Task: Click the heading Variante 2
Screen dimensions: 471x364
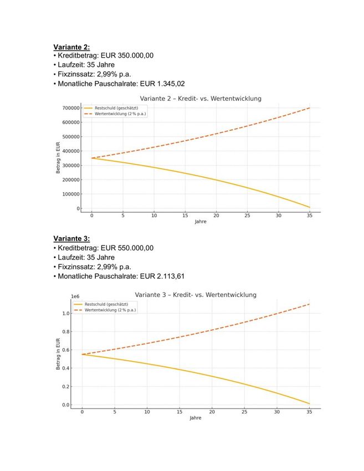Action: click(71, 47)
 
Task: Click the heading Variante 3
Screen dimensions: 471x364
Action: click(71, 239)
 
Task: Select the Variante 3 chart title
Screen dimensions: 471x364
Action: click(196, 295)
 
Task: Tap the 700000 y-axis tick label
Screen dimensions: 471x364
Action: click(70, 108)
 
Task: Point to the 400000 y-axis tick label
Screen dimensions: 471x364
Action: click(70, 151)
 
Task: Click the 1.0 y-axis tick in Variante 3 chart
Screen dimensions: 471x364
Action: click(66, 314)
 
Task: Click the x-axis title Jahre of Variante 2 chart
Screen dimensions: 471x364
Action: click(201, 222)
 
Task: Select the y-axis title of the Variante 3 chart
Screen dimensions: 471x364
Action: click(58, 354)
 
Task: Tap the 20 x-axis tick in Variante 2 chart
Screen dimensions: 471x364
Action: click(217, 215)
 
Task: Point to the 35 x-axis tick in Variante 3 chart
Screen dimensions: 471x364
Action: click(310, 412)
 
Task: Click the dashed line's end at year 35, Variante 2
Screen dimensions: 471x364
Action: click(310, 108)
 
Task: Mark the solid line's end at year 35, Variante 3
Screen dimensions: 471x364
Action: click(310, 403)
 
